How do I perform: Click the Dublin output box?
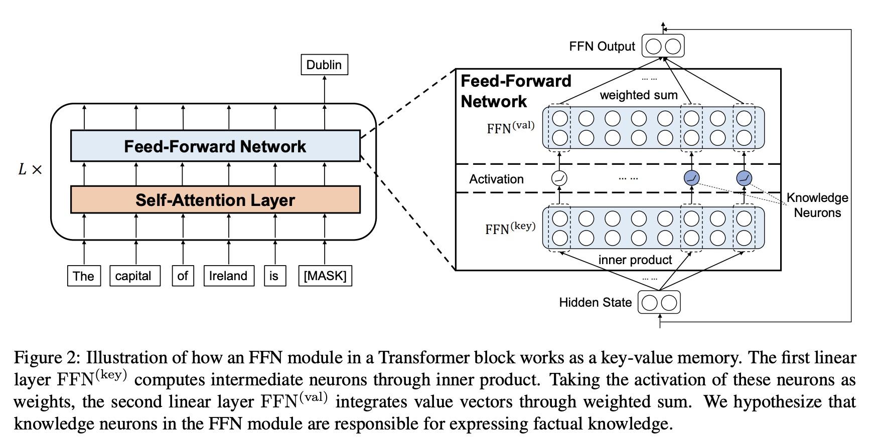[x=324, y=65]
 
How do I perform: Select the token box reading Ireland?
[x=228, y=276]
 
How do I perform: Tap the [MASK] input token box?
[x=325, y=276]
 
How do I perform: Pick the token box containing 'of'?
[x=183, y=276]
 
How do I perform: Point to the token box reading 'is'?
[x=274, y=276]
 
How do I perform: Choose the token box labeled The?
[x=84, y=276]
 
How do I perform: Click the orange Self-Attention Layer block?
[x=215, y=200]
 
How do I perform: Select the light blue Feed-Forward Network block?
[x=215, y=146]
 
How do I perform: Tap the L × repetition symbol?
[x=30, y=169]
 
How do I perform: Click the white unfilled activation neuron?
[x=559, y=178]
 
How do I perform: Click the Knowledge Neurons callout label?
[x=817, y=205]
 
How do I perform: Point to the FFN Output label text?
[x=602, y=47]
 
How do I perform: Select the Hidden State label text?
[x=595, y=303]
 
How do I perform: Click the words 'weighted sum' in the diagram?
[x=639, y=95]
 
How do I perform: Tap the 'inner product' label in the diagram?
[x=635, y=260]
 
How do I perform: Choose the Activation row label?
[x=496, y=179]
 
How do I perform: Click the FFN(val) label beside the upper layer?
[x=510, y=128]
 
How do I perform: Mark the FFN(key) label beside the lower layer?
[x=510, y=229]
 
